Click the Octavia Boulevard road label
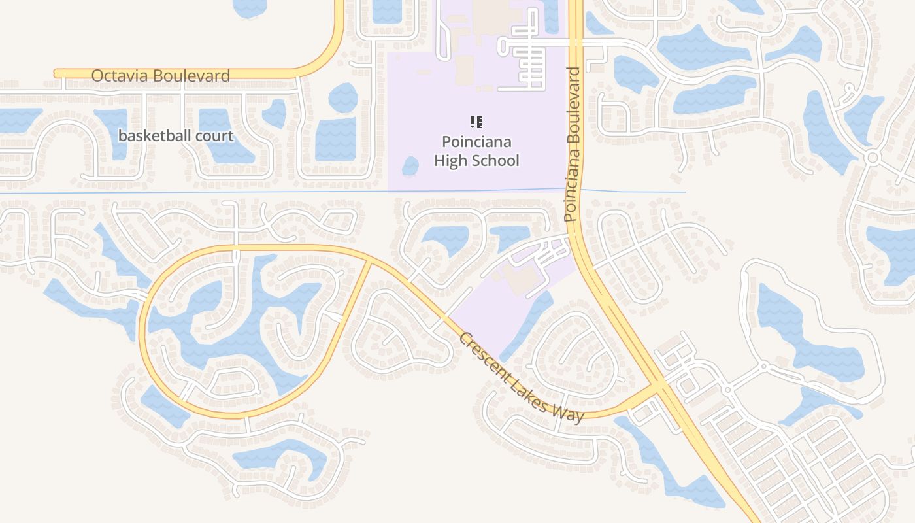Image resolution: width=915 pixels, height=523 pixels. (x=160, y=76)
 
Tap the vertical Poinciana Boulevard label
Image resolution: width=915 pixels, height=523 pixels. (x=573, y=144)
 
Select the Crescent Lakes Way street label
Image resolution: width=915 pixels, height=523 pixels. (x=521, y=378)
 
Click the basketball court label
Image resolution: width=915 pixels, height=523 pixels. (x=176, y=136)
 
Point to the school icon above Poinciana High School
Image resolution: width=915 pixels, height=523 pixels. (x=476, y=122)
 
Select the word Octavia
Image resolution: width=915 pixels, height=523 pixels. (x=123, y=76)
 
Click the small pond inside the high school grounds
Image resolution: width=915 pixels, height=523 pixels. (x=410, y=166)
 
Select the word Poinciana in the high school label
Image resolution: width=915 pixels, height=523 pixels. (x=476, y=142)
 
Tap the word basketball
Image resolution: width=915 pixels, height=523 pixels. (x=152, y=136)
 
